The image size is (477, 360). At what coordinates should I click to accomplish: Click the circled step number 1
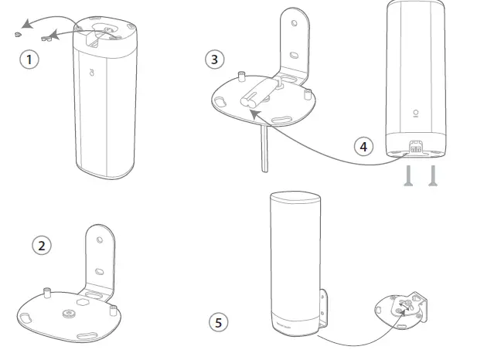pyautogui.click(x=29, y=59)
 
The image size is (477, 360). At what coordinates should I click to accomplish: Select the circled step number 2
pyautogui.click(x=42, y=245)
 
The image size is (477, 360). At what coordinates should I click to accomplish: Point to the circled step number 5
pyautogui.click(x=220, y=321)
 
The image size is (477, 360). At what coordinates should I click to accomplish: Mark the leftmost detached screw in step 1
pyautogui.click(x=17, y=34)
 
